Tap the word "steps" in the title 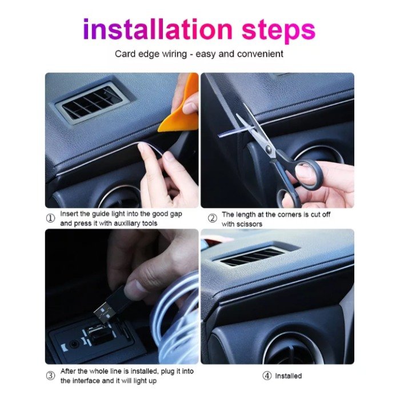[x=279, y=31]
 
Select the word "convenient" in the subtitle [x=260, y=54]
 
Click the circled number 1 [x=50, y=218]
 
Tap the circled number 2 [x=213, y=218]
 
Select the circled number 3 [x=50, y=375]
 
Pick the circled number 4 [x=267, y=375]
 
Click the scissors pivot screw [x=268, y=148]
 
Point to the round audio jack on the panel [x=74, y=345]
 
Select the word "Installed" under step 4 [x=288, y=376]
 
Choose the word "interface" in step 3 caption [x=86, y=381]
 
